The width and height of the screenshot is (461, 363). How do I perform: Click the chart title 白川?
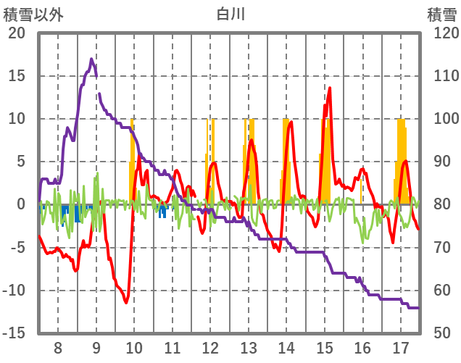pyautogui.click(x=230, y=14)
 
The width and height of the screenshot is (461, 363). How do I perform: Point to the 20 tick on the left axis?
pyautogui.click(x=15, y=33)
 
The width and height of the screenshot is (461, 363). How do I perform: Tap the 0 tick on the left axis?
pyautogui.click(x=20, y=204)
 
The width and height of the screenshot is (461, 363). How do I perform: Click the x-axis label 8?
pyautogui.click(x=58, y=346)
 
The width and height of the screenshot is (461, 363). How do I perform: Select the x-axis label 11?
pyautogui.click(x=173, y=346)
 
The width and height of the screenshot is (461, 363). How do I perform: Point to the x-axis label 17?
pyautogui.click(x=400, y=346)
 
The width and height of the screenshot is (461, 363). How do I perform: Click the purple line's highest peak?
pyautogui.click(x=91, y=59)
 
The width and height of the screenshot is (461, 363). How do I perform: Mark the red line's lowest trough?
pyautogui.click(x=126, y=303)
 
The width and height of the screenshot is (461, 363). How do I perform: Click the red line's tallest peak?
pyautogui.click(x=330, y=88)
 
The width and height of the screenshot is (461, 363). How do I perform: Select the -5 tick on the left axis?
pyautogui.click(x=16, y=247)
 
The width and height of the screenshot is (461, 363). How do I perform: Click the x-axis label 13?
pyautogui.click(x=249, y=346)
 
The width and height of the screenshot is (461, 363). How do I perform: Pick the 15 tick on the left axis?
pyautogui.click(x=15, y=76)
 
